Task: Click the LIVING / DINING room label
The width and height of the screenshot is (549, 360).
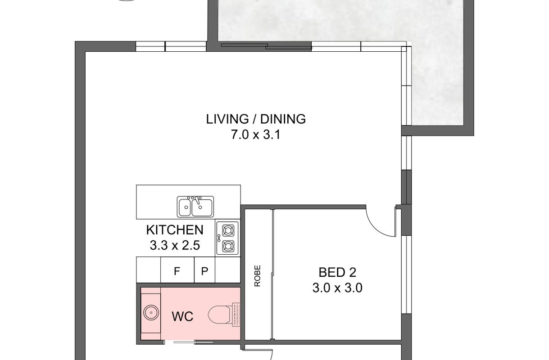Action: pyautogui.click(x=256, y=119)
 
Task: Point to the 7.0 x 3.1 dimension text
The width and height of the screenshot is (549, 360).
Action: pyautogui.click(x=256, y=135)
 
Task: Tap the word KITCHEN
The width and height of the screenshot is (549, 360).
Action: pyautogui.click(x=175, y=229)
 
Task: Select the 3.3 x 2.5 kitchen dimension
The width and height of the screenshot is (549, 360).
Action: pyautogui.click(x=175, y=245)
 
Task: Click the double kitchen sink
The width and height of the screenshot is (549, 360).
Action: pyautogui.click(x=195, y=207)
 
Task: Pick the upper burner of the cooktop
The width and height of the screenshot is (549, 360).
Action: pyautogui.click(x=228, y=230)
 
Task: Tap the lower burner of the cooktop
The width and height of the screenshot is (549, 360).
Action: pyautogui.click(x=228, y=246)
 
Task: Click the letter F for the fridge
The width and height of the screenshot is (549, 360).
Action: pyautogui.click(x=177, y=271)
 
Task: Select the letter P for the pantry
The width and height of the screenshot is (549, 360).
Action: pyautogui.click(x=204, y=271)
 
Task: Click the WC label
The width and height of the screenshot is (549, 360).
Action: pyautogui.click(x=182, y=316)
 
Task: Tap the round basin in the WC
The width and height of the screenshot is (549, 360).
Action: pyautogui.click(x=151, y=312)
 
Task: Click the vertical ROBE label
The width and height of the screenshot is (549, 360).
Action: pyautogui.click(x=257, y=276)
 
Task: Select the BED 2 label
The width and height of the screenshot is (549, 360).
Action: pyautogui.click(x=337, y=272)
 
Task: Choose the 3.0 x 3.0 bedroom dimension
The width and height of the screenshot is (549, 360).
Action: pyautogui.click(x=337, y=288)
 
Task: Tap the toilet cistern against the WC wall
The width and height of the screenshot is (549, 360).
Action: pyautogui.click(x=236, y=315)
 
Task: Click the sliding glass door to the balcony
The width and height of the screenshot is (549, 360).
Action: pyautogui.click(x=266, y=46)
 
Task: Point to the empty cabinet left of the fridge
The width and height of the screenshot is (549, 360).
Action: pyautogui.click(x=148, y=270)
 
